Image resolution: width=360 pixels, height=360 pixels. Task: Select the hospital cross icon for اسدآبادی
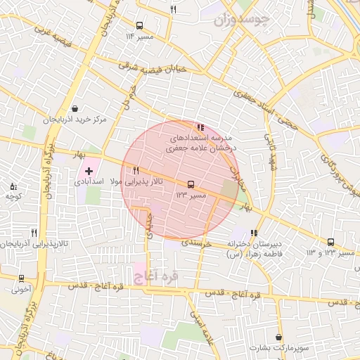pos(89,171)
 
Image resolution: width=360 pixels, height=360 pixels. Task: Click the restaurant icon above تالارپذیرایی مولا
pos(136,170)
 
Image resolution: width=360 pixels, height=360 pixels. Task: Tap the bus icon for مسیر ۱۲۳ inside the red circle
pos(190,184)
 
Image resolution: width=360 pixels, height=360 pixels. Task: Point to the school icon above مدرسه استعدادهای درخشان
pos(201,127)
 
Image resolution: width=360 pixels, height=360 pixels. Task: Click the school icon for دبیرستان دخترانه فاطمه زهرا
pos(254,233)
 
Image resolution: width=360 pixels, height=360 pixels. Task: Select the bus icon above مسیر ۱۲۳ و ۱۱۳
pos(330,242)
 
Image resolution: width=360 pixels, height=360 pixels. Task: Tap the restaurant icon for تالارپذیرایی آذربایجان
pos(34,233)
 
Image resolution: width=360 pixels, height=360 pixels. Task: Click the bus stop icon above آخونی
pos(21,278)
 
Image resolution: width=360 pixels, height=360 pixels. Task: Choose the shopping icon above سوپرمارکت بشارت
pos(279,337)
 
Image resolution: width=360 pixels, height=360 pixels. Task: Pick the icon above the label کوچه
pos(14,186)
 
